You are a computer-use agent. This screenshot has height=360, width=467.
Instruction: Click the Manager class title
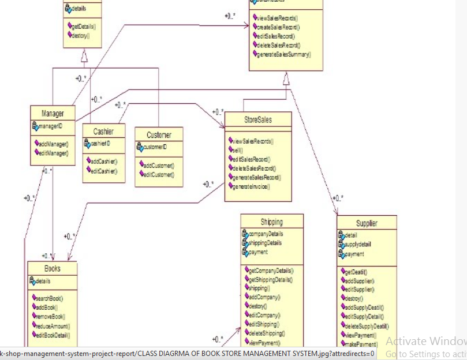[x=53, y=112]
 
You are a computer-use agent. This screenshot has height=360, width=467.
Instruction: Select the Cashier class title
[x=103, y=132]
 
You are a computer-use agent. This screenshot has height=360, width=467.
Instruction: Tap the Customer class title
[x=159, y=134]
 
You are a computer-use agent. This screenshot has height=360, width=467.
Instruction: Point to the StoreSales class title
[x=258, y=120]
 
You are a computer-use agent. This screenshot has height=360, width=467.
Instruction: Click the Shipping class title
[x=272, y=222]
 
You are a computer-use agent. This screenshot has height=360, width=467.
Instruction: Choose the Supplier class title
[x=367, y=223]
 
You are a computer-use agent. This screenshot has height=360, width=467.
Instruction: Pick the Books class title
[x=53, y=268]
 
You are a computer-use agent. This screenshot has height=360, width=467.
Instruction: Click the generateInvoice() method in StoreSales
[x=252, y=186]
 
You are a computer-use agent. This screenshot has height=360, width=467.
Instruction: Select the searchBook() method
[x=49, y=298]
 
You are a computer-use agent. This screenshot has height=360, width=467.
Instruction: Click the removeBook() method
[x=50, y=317]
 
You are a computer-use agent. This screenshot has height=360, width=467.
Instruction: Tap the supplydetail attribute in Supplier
[x=358, y=245]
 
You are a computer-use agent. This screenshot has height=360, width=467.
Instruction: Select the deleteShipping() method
[x=266, y=333]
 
